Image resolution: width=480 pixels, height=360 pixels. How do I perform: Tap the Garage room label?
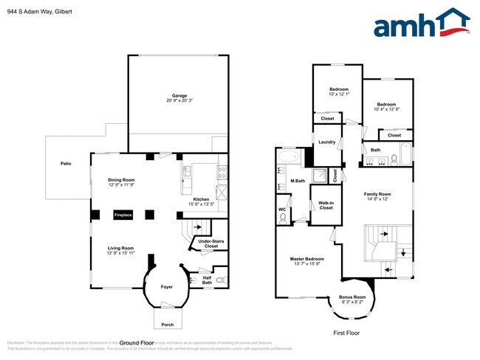tap(179, 95)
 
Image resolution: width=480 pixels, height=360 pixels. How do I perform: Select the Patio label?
tap(65, 164)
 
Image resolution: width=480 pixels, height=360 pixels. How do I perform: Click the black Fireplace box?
tap(123, 215)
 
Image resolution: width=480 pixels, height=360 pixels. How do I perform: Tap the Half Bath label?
tap(208, 280)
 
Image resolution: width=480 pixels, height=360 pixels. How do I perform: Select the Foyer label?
tap(168, 286)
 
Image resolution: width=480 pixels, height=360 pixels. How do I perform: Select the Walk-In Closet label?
tap(326, 205)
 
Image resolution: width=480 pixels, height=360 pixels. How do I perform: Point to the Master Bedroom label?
tap(306, 258)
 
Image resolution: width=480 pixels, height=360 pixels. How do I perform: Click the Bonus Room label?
tap(352, 297)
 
